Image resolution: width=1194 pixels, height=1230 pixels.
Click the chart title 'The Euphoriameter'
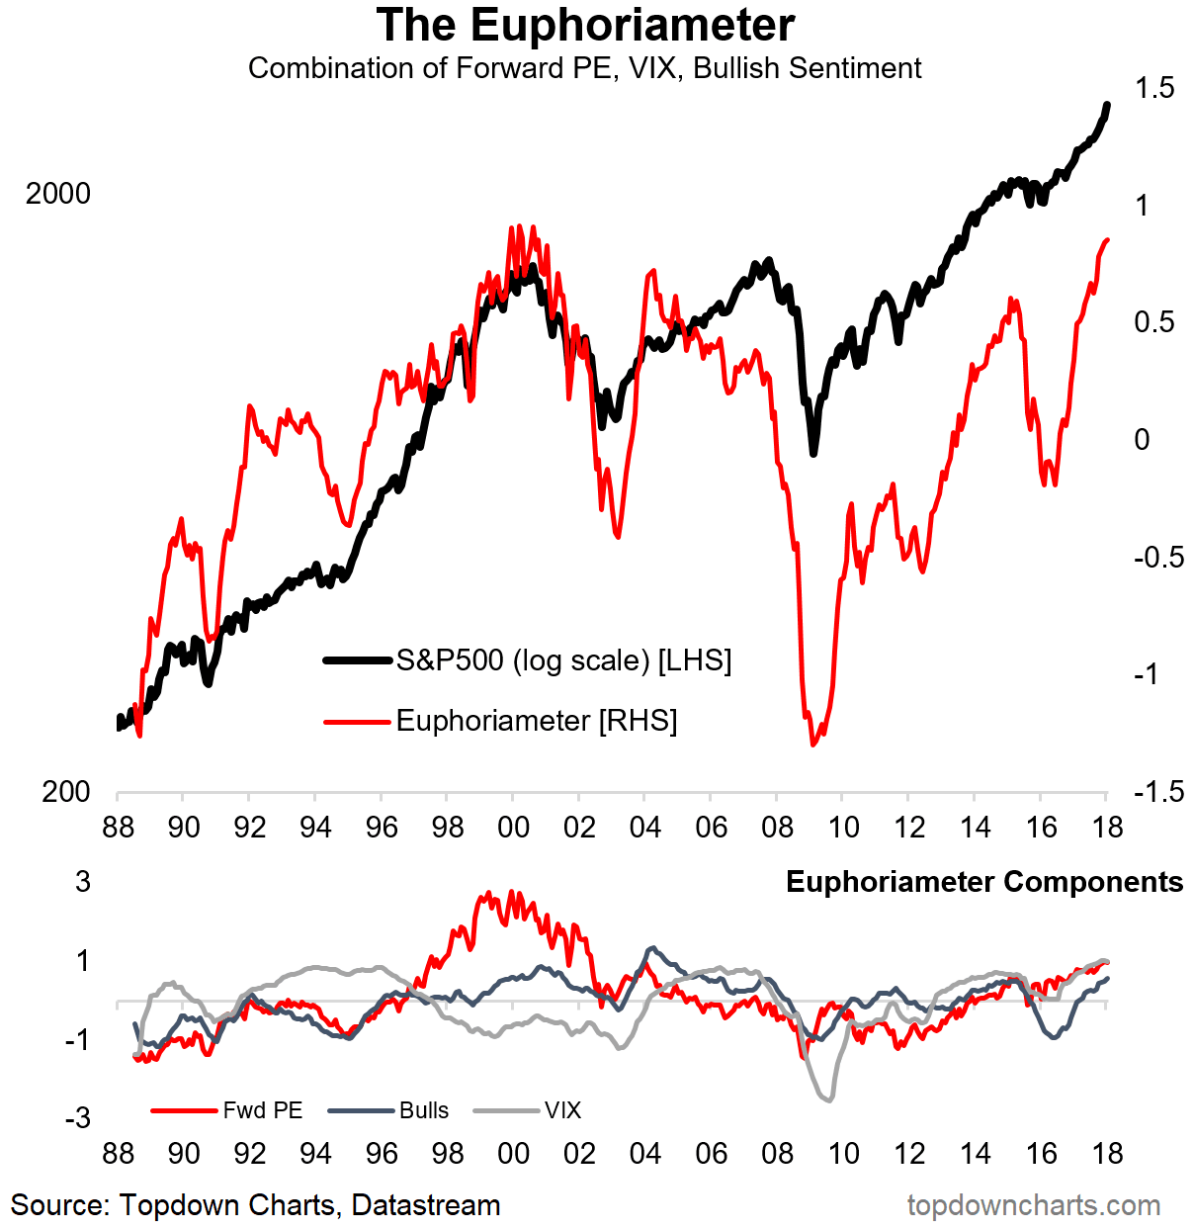[x=585, y=26]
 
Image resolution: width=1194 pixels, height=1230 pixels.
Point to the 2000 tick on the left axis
[x=58, y=194]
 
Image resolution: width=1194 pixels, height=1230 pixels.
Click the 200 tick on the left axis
[x=66, y=792]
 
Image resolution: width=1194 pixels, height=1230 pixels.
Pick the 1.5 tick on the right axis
[x=1154, y=88]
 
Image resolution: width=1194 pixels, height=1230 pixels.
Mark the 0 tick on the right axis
[x=1143, y=440]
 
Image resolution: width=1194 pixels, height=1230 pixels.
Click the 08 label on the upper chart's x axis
[x=777, y=828]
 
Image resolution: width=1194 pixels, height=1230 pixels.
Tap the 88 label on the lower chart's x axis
[x=118, y=1153]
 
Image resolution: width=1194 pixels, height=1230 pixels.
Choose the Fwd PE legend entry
[x=262, y=1110]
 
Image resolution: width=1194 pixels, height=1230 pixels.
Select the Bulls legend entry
[x=424, y=1110]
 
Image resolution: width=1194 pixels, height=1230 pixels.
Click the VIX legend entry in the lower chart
[x=562, y=1110]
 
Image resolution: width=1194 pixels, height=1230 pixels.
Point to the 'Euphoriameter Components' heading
[x=983, y=882]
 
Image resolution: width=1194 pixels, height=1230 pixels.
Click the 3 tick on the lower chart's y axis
[x=83, y=881]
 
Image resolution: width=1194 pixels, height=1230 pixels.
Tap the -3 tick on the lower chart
[x=77, y=1118]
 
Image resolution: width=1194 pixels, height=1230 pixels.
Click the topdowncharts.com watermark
[x=1034, y=1205]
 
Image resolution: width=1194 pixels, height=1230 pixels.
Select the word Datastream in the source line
[x=426, y=1205]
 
